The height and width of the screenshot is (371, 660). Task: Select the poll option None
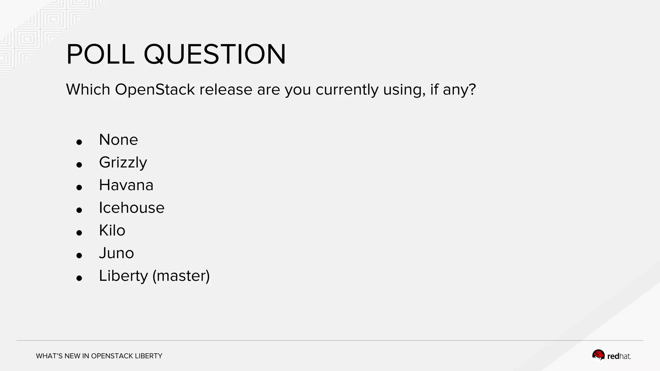tap(118, 140)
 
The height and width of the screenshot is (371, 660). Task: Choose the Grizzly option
tap(123, 163)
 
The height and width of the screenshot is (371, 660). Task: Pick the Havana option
tap(126, 185)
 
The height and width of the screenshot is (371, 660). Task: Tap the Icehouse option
tap(131, 208)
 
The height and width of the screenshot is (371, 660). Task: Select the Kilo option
tap(112, 231)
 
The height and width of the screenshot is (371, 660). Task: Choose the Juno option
tap(116, 253)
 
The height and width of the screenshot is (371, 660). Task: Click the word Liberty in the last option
tap(123, 276)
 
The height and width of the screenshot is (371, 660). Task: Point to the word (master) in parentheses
tap(181, 276)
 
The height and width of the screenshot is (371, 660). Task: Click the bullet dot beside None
tap(79, 142)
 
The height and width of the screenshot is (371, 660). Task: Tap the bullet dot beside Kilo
tap(79, 233)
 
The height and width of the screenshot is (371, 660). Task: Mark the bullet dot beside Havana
tap(79, 187)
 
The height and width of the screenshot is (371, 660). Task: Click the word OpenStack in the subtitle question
tap(155, 89)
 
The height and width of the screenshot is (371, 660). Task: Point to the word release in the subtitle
tap(226, 89)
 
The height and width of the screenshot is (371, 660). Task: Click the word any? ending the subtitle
tap(459, 90)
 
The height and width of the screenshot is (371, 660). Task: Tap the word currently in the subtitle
tap(347, 90)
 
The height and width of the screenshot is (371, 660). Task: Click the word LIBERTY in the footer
tap(149, 356)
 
